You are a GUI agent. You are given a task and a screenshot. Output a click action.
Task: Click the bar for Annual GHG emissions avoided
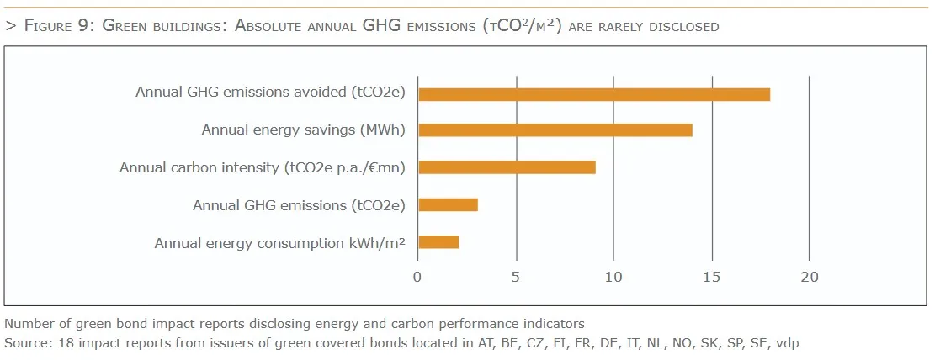click(x=594, y=94)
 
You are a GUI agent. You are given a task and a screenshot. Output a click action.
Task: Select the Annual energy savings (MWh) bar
click(x=555, y=130)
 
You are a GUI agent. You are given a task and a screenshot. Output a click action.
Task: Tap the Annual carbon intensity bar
click(x=507, y=167)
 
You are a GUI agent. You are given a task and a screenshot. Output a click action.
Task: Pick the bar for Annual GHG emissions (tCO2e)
click(x=448, y=204)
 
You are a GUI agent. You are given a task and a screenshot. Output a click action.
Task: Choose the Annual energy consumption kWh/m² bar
click(x=438, y=242)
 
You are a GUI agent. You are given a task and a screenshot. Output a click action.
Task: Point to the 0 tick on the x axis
click(x=418, y=278)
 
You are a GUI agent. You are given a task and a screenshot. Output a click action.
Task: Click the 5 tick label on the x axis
click(x=516, y=278)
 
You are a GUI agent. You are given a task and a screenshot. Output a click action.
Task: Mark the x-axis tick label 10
click(x=613, y=278)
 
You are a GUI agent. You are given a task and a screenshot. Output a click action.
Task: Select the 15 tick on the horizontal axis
click(x=711, y=278)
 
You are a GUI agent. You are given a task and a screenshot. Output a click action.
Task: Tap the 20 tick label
click(x=809, y=278)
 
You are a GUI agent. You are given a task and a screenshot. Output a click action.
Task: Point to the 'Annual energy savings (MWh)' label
click(x=303, y=130)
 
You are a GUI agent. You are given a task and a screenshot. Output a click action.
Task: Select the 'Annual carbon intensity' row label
click(x=263, y=167)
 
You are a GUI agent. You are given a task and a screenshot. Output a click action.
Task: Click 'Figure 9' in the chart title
click(x=58, y=26)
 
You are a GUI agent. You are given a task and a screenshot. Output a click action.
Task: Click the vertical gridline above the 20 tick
click(x=809, y=168)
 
